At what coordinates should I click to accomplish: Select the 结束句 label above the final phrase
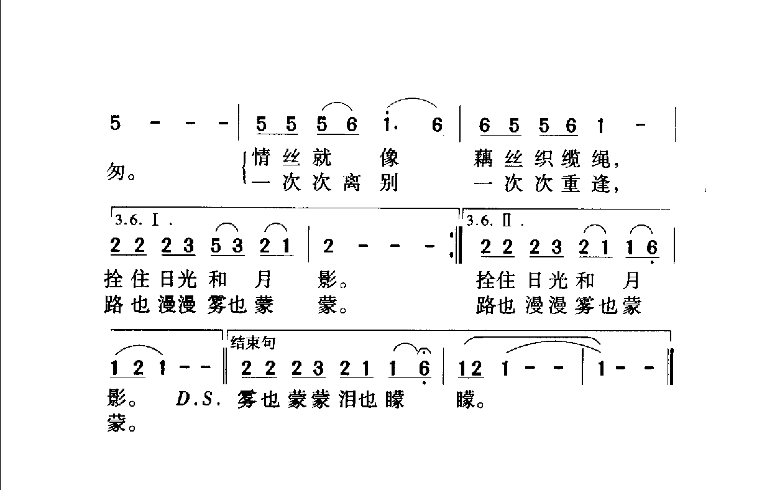253,341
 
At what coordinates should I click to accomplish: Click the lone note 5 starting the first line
115,124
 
